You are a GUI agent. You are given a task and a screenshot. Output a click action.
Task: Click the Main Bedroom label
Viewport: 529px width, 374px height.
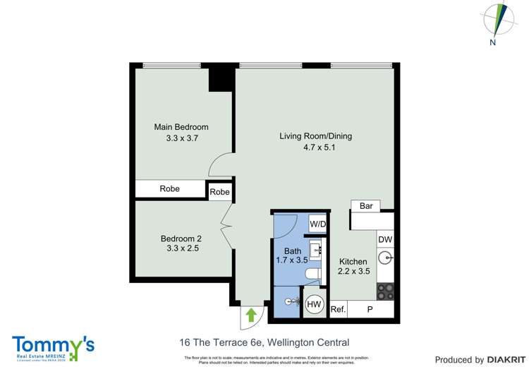point(181,127)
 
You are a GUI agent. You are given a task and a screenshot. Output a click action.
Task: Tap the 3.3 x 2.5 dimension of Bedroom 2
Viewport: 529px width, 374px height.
point(181,248)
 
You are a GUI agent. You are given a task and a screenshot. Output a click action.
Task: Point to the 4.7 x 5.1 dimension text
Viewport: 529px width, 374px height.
point(317,147)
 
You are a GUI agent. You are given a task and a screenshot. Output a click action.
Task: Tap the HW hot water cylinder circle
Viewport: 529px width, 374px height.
point(314,305)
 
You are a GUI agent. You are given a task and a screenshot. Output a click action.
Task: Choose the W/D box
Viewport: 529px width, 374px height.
point(318,224)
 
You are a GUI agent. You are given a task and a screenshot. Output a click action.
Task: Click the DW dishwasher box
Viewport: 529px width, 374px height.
point(385,240)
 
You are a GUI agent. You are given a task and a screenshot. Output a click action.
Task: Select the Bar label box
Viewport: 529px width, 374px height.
point(366,206)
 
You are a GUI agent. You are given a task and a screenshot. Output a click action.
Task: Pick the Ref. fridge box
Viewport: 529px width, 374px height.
point(338,309)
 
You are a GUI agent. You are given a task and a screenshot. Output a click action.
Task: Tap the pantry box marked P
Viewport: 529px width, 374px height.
point(370,309)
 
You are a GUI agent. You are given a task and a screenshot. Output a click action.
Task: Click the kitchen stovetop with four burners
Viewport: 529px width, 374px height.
point(385,291)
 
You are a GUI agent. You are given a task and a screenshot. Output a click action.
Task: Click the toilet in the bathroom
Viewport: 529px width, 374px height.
point(311,273)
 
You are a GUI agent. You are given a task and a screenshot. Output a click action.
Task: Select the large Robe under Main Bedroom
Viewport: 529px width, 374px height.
point(170,189)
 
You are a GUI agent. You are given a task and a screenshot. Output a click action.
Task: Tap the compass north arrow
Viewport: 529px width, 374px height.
point(499,20)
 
